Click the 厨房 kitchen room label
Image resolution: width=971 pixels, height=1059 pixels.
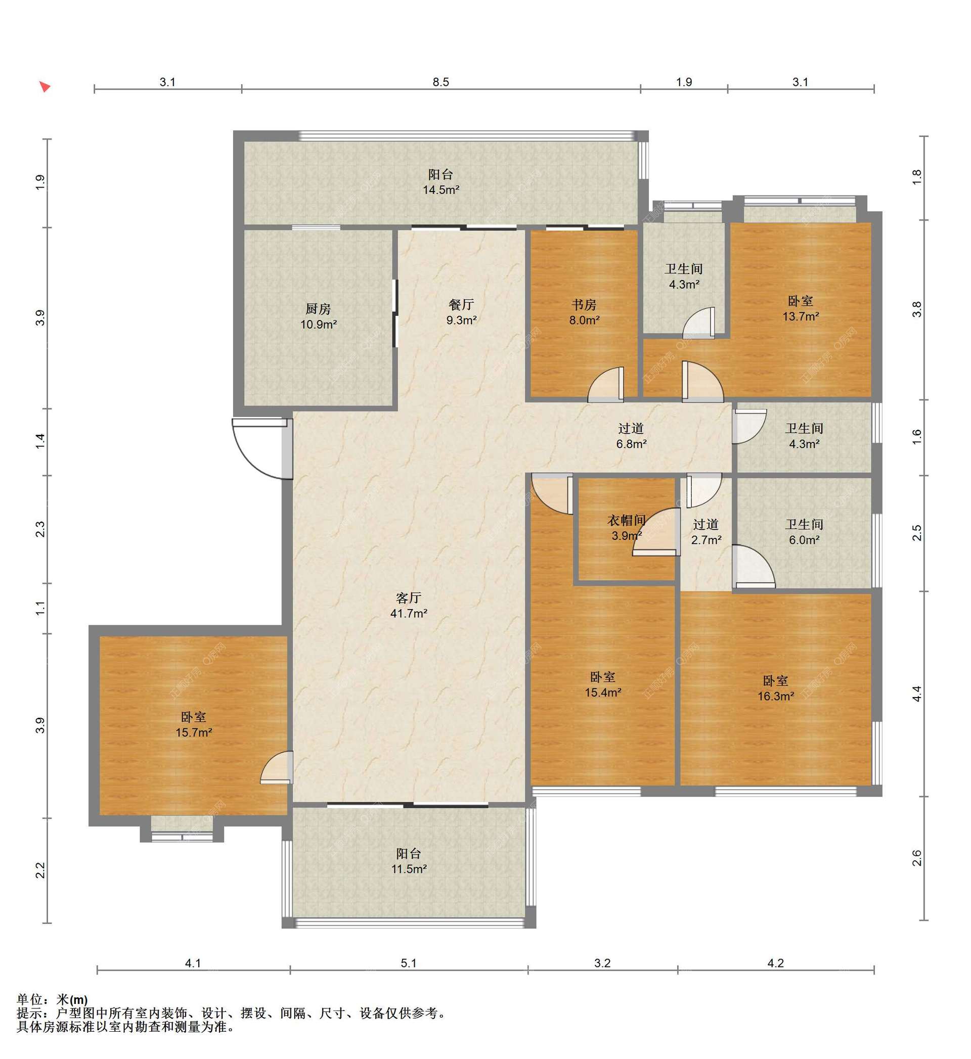(319, 309)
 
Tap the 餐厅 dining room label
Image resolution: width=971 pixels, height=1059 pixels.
(461, 305)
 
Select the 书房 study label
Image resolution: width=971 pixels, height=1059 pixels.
(584, 305)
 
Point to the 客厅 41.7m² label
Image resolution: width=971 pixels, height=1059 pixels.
(409, 606)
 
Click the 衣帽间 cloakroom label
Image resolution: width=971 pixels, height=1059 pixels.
(626, 521)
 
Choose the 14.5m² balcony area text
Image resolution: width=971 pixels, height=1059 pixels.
(441, 190)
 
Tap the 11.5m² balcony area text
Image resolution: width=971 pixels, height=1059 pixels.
(409, 869)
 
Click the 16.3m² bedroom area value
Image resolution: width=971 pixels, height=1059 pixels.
(776, 697)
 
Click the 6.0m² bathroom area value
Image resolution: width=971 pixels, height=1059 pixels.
(805, 540)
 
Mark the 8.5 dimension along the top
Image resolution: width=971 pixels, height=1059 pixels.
(441, 82)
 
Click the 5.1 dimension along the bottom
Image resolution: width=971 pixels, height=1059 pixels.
(409, 963)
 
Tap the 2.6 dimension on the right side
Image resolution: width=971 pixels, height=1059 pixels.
(917, 858)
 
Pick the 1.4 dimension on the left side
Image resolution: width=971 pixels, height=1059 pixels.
(40, 441)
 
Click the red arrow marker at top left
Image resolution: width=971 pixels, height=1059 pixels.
(45, 86)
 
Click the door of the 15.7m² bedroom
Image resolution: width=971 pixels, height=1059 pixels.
(278, 768)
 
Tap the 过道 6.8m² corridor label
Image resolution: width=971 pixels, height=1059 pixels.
(631, 436)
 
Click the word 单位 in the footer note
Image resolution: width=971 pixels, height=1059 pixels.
(30, 1000)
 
